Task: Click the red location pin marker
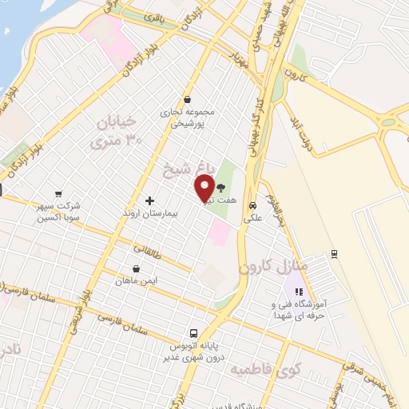(x=204, y=188)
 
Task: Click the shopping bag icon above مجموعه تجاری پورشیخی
(x=187, y=100)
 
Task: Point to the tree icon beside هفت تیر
(x=220, y=185)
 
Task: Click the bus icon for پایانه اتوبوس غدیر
(x=193, y=333)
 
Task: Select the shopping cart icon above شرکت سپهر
(x=58, y=193)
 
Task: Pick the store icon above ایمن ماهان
(x=137, y=268)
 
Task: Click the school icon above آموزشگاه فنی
(x=298, y=291)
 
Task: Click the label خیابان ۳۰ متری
(x=117, y=131)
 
